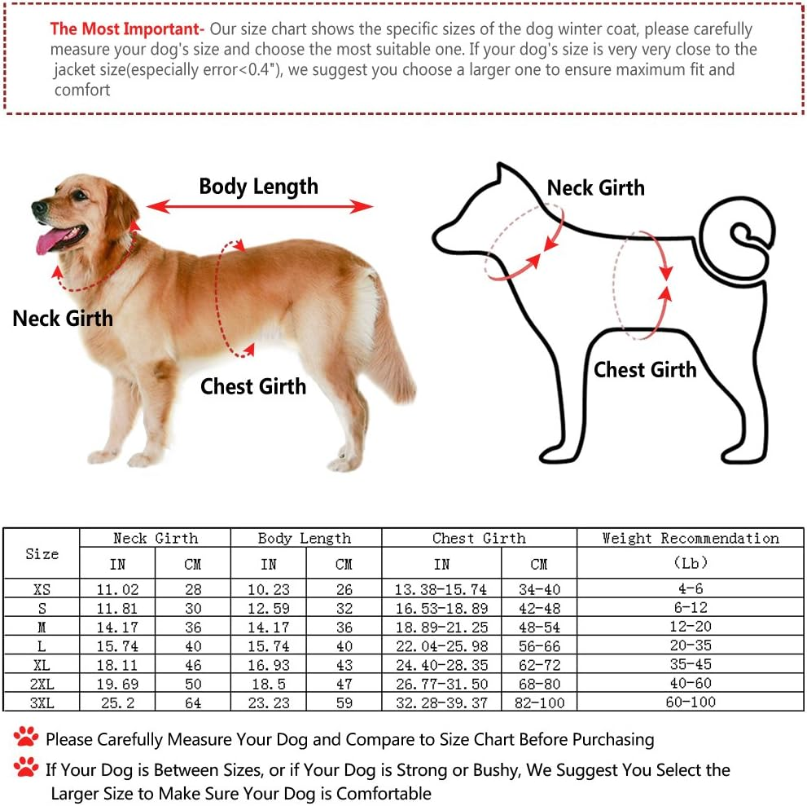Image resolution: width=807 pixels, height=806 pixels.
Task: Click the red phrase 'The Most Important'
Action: (124, 29)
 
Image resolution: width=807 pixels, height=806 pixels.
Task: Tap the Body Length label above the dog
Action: (258, 187)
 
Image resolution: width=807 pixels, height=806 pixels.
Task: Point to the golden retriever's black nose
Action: (39, 208)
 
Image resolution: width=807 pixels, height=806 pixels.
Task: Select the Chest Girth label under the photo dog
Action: (253, 386)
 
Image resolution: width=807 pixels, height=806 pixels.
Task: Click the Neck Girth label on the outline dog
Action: (595, 188)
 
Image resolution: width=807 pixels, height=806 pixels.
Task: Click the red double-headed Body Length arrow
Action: (260, 206)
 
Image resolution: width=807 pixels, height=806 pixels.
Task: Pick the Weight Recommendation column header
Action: (691, 538)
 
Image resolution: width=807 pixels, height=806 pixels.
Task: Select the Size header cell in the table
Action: (42, 554)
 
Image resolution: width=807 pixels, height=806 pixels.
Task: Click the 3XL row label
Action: (42, 703)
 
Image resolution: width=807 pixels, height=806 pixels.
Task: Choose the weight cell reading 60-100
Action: (691, 702)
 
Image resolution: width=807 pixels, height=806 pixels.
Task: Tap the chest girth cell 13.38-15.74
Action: (441, 589)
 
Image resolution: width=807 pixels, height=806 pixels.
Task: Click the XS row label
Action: (42, 589)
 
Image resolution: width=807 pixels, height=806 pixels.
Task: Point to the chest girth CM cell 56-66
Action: (539, 645)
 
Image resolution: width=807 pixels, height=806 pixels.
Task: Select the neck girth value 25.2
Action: (117, 703)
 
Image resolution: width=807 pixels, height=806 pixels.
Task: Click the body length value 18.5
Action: (268, 684)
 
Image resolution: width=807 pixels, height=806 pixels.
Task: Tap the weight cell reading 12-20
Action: (691, 627)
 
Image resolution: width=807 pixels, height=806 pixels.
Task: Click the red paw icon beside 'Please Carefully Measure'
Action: (26, 737)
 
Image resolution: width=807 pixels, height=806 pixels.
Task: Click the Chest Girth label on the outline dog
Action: (645, 370)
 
